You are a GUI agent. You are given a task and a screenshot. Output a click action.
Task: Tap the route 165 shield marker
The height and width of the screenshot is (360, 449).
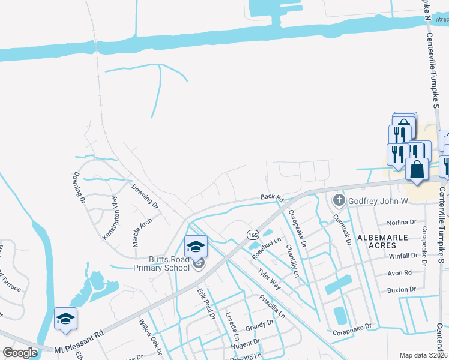click(x=251, y=234)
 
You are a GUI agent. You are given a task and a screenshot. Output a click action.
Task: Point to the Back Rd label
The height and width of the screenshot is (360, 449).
click(x=271, y=197)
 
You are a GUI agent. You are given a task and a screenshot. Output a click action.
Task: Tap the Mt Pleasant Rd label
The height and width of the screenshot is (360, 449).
click(x=79, y=339)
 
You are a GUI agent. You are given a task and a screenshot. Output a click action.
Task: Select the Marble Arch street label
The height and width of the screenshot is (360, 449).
click(x=142, y=232)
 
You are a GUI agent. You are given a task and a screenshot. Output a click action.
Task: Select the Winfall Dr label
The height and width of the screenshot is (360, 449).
click(x=403, y=256)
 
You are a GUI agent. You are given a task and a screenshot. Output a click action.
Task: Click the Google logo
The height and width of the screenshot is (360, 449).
click(x=20, y=353)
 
